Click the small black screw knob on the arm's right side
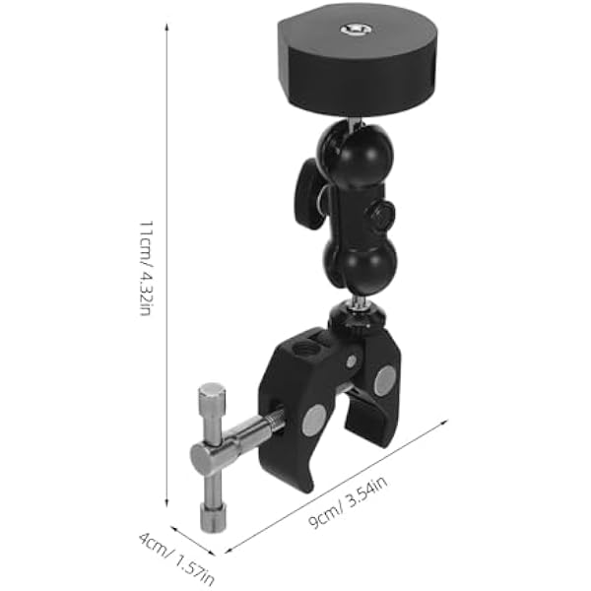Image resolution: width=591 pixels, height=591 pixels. [380, 217]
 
